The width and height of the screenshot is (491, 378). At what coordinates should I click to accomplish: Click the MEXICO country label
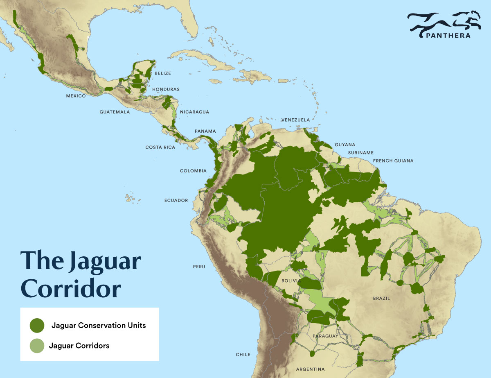click(x=76, y=96)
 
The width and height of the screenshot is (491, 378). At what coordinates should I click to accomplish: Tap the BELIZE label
click(x=163, y=73)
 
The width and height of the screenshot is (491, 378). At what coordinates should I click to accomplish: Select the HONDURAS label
click(x=166, y=89)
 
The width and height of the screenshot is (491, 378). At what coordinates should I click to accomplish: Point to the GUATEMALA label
click(x=115, y=112)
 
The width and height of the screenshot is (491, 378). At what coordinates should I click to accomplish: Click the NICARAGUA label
click(x=195, y=112)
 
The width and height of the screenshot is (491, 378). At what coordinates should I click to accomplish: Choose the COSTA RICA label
click(x=160, y=147)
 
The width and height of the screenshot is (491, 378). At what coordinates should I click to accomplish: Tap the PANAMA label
click(x=205, y=131)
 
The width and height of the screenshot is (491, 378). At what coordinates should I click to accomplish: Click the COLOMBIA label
click(x=194, y=171)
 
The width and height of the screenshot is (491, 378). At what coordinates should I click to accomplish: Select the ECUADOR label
click(x=176, y=201)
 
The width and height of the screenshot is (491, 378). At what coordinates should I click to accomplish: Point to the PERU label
click(x=199, y=267)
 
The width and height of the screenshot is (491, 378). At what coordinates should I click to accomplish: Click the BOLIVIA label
click(x=291, y=281)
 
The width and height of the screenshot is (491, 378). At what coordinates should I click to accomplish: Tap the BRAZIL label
click(x=381, y=299)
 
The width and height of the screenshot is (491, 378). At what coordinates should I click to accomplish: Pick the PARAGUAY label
click(x=325, y=336)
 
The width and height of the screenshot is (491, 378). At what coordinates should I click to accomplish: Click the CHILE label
click(x=243, y=355)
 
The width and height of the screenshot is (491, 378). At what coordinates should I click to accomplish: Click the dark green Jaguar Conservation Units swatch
click(x=37, y=325)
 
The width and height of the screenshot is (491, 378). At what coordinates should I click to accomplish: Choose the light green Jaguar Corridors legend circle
click(x=37, y=346)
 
